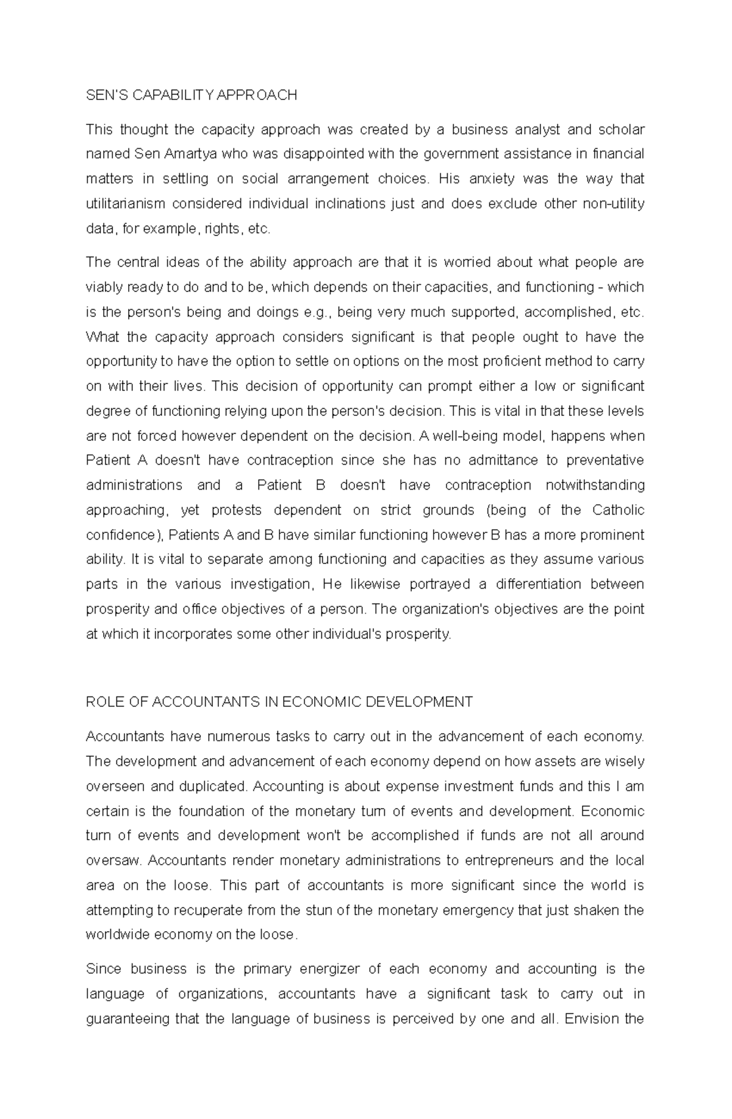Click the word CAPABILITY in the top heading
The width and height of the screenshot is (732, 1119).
pos(173,95)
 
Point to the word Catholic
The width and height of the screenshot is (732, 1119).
pos(618,510)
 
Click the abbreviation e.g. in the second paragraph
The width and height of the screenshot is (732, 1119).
pos(317,312)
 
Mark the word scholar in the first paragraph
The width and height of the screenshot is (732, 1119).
pos(621,130)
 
